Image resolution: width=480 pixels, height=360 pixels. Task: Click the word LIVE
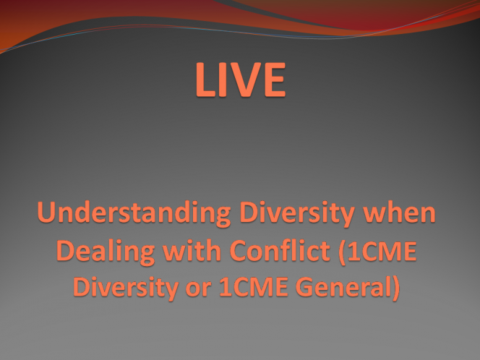241,80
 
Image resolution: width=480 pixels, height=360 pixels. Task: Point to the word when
399,212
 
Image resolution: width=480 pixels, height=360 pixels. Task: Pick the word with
192,250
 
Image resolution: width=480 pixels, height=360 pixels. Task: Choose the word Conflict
280,250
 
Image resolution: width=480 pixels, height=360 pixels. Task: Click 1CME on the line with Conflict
382,251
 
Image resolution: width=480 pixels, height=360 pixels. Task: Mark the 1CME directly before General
254,287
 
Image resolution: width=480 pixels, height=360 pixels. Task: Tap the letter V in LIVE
243,80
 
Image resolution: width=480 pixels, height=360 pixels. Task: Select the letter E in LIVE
275,80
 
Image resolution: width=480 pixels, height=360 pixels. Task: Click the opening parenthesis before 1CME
342,252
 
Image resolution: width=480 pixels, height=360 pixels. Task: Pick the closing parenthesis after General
396,288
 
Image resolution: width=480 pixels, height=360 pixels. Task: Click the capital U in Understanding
47,212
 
